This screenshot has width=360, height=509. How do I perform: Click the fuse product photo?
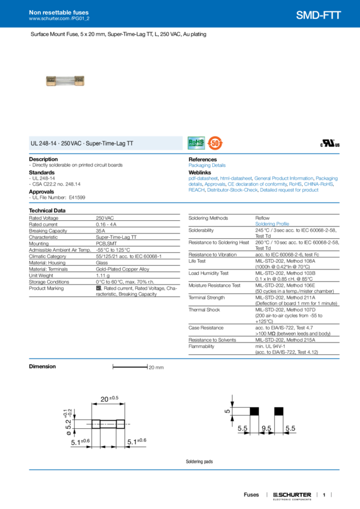click(x=65, y=81)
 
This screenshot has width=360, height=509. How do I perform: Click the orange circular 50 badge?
click(x=216, y=143)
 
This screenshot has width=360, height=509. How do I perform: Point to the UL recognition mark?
click(x=331, y=144)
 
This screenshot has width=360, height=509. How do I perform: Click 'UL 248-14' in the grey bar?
click(x=43, y=144)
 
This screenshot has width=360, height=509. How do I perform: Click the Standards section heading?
click(x=42, y=172)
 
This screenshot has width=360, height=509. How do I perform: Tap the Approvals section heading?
click(x=42, y=192)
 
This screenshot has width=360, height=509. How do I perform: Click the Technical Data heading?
click(x=47, y=210)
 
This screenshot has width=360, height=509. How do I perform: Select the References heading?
click(x=202, y=159)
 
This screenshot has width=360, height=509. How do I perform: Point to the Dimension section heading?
click(x=43, y=366)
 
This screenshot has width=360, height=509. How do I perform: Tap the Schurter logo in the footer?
click(x=292, y=495)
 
